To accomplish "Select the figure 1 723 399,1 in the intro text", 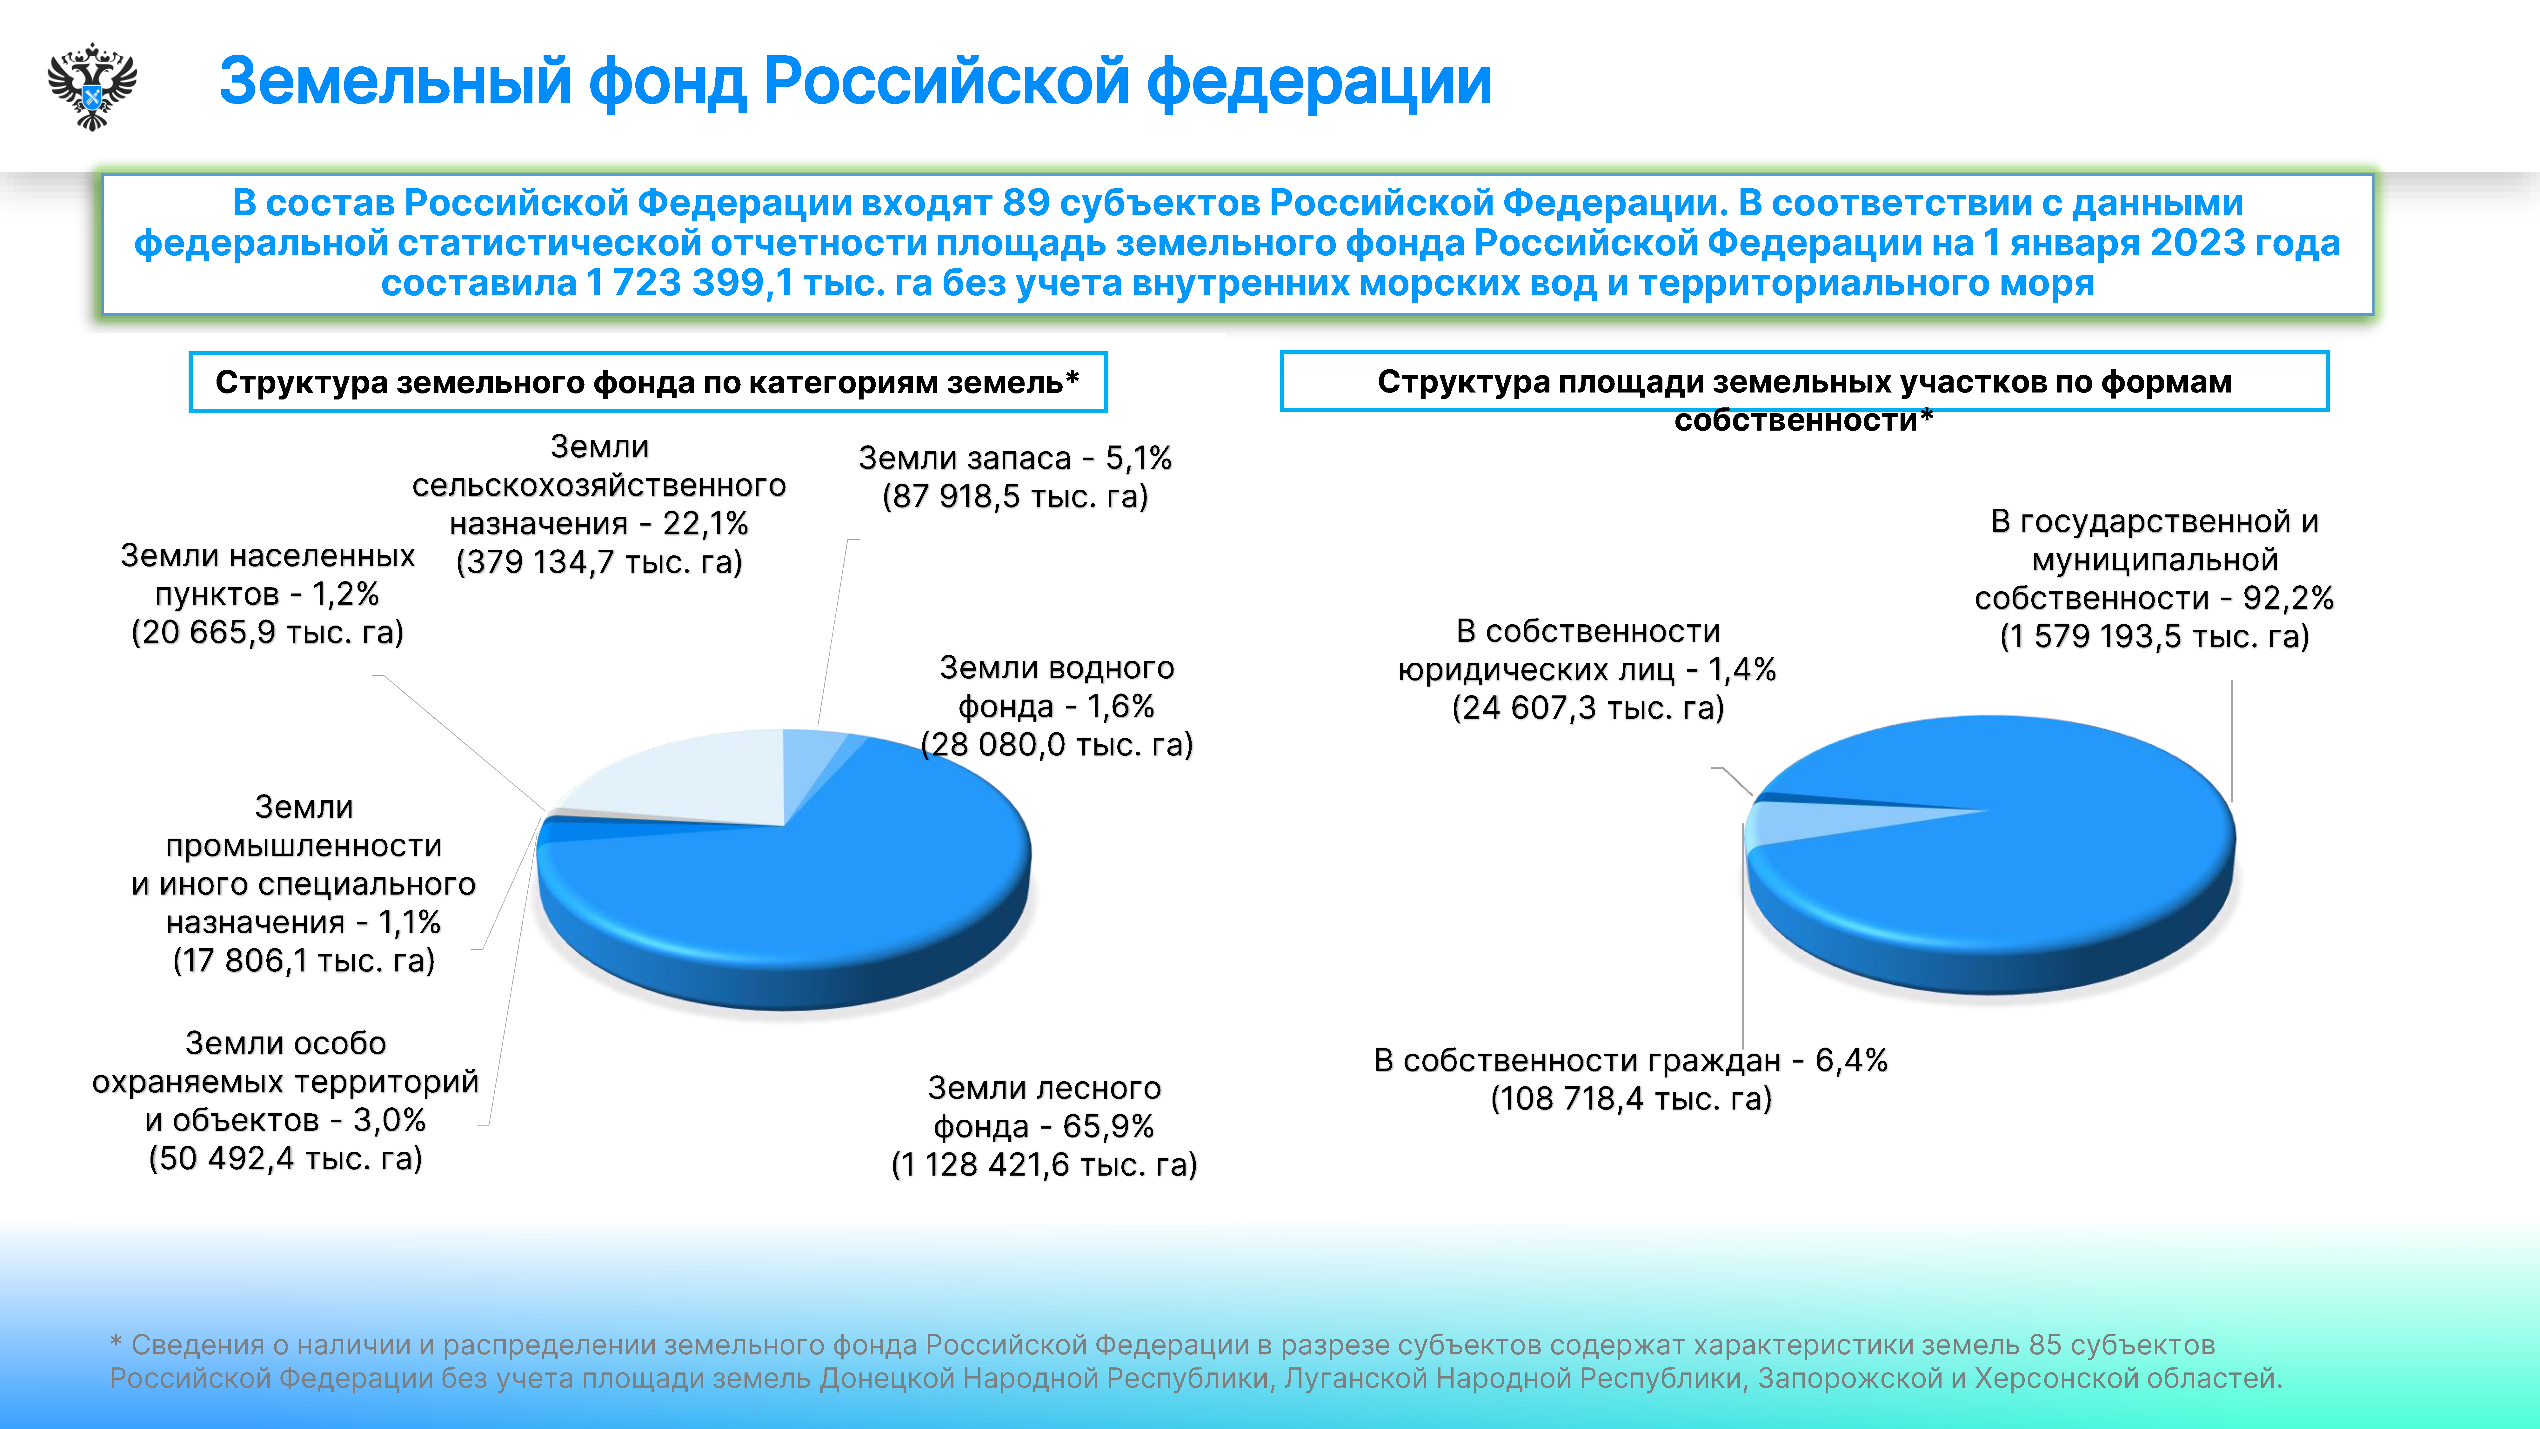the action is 688,283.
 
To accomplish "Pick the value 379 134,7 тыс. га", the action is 598,562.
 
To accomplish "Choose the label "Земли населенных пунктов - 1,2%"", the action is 267,575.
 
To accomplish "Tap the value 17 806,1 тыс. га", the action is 304,961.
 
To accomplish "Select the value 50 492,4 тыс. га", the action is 285,1158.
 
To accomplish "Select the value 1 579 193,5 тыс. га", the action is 2155,636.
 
